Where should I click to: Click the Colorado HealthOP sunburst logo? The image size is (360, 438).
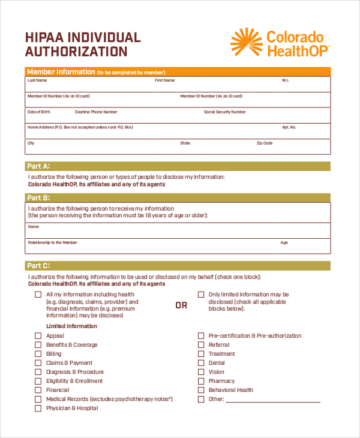tap(246, 43)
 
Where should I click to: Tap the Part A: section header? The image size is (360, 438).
tap(38, 166)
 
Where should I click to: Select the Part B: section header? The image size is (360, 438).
tap(38, 197)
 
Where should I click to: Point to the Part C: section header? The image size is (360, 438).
tap(38, 265)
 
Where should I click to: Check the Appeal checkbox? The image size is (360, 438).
tap(38, 336)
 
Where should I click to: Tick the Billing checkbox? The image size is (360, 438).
tap(38, 354)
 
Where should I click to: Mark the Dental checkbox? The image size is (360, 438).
tap(201, 363)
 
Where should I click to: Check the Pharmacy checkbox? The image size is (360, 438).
tap(201, 381)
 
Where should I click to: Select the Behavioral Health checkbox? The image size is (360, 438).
tap(201, 390)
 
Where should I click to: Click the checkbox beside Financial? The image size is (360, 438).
tap(38, 390)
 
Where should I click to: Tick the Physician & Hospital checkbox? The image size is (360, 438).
tap(38, 408)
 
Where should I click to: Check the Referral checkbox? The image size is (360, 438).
tap(201, 345)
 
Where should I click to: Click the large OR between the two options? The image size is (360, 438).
tap(181, 305)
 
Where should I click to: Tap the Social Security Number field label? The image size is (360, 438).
tap(224, 112)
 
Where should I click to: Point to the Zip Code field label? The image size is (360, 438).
tap(265, 143)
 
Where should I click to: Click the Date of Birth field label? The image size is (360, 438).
tap(39, 112)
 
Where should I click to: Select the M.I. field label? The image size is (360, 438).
tap(286, 80)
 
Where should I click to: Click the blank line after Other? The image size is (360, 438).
tap(274, 400)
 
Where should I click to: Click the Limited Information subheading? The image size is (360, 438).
tap(71, 326)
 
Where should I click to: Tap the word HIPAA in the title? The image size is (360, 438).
tap(45, 37)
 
